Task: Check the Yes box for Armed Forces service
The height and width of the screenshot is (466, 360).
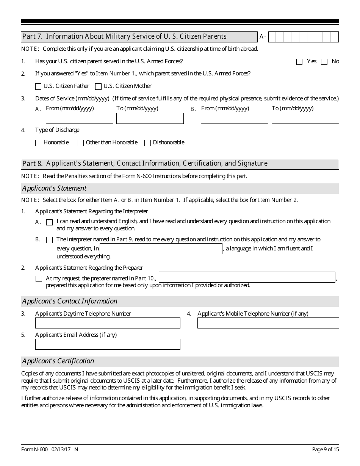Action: (299, 62)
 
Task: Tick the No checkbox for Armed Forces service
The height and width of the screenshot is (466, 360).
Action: (324, 62)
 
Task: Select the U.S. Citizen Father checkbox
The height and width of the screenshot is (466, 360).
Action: (38, 86)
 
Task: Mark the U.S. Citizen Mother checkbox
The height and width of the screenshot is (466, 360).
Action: (98, 86)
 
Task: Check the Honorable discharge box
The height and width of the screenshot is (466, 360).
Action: (38, 143)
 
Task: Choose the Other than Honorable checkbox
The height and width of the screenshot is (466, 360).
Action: (81, 143)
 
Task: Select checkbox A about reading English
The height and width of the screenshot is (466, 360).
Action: (49, 222)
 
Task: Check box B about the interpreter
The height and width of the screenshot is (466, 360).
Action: (49, 240)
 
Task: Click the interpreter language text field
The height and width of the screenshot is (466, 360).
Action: (161, 249)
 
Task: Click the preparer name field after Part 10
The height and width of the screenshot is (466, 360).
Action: (247, 277)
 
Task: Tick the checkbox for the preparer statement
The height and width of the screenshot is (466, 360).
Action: (39, 279)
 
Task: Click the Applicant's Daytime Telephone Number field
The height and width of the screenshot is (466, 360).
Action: (108, 323)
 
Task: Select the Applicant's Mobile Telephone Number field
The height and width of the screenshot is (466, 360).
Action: (268, 323)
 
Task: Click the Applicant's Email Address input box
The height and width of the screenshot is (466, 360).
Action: (108, 344)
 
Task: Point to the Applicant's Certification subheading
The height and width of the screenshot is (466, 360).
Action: (58, 361)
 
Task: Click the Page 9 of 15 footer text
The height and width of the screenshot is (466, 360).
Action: (325, 449)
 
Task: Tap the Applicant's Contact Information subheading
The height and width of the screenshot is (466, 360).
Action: (70, 301)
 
